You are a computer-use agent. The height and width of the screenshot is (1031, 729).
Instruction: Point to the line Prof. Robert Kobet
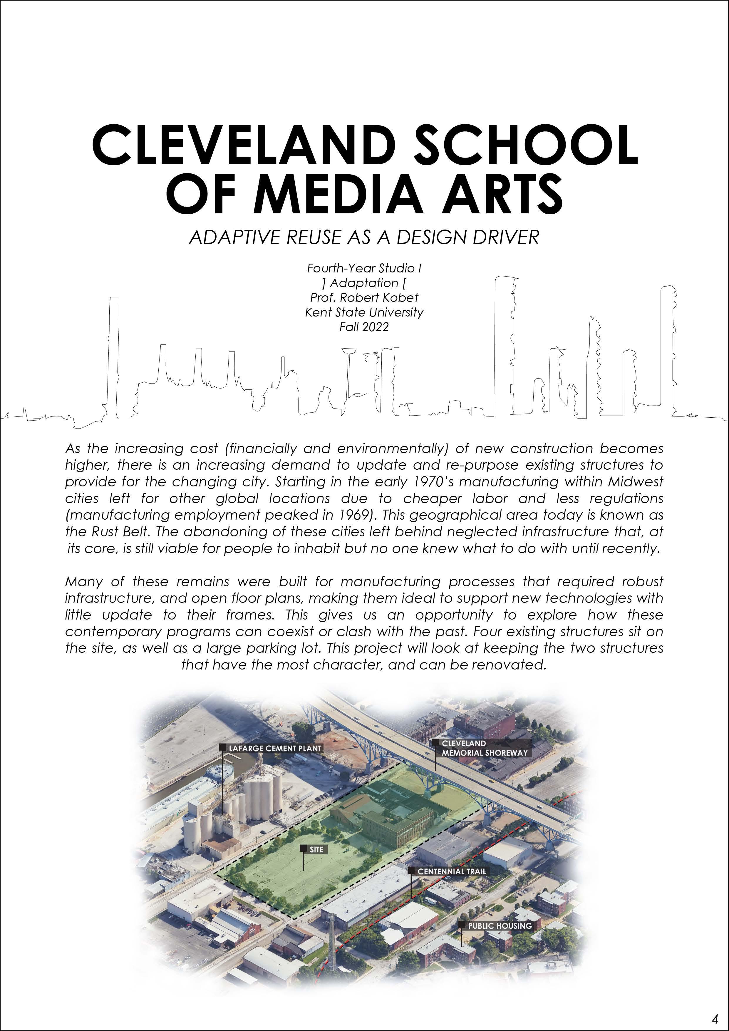364,297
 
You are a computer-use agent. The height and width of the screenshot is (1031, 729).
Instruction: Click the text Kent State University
364,312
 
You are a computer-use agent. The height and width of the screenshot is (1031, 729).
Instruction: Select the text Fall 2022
364,327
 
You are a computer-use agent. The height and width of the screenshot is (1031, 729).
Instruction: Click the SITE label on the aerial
316,850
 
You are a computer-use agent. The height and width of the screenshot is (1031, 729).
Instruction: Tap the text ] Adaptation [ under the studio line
364,283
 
